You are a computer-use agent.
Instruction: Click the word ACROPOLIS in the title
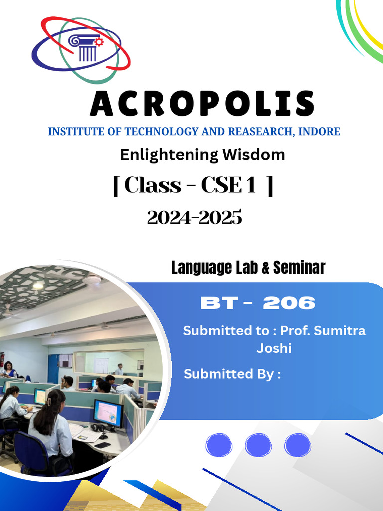tap(202, 104)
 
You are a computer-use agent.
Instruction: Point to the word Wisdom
tap(254, 155)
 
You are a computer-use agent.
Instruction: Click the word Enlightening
tap(169, 155)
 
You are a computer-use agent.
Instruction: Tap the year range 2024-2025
tap(194, 217)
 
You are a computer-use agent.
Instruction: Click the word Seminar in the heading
tap(299, 268)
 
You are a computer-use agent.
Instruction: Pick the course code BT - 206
tap(258, 303)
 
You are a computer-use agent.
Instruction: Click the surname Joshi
tap(274, 348)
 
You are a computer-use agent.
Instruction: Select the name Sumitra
tap(339, 330)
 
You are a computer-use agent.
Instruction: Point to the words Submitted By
tap(232, 374)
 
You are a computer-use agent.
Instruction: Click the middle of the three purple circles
tap(258, 445)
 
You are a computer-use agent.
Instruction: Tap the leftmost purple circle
tap(219, 445)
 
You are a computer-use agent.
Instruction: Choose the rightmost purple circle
tap(298, 445)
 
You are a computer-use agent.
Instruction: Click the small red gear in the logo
tap(99, 42)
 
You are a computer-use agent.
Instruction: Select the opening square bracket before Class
tap(116, 186)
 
